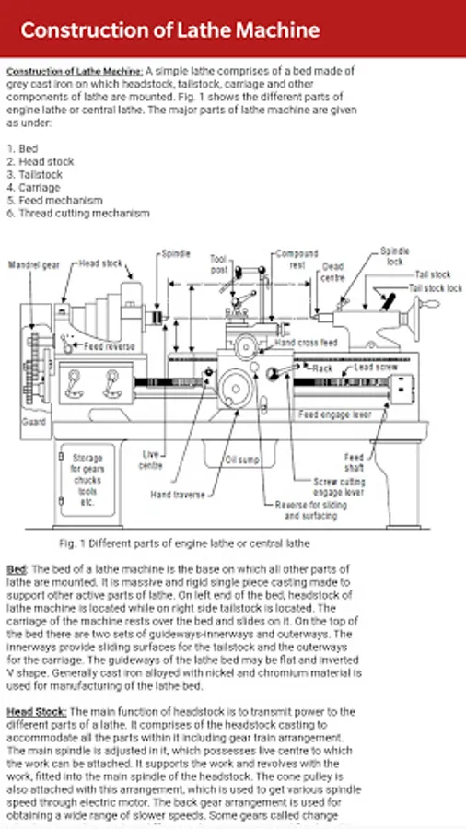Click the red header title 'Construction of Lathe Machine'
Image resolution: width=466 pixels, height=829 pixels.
point(170,30)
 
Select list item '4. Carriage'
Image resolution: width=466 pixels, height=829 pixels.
point(33,188)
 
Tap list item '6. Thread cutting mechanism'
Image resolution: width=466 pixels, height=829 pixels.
point(78,214)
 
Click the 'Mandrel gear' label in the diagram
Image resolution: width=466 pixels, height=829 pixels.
point(34,265)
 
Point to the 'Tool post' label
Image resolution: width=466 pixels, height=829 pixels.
point(219,264)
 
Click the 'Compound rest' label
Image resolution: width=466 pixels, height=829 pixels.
point(297,260)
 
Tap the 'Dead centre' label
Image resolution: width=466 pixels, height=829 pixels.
point(332,273)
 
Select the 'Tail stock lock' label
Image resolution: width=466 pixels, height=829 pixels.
point(436,288)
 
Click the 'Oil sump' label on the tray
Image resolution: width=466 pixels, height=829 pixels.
point(242,460)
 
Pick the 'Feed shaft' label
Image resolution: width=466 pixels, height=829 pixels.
point(354,462)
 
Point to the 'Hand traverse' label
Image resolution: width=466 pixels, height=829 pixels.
point(178,495)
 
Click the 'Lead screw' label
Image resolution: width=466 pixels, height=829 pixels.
point(376,367)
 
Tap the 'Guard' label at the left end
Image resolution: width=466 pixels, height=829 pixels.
point(34,422)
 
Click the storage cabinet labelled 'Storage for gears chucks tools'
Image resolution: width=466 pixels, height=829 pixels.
point(87,480)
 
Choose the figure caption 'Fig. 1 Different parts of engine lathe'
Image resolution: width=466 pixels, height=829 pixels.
point(184,543)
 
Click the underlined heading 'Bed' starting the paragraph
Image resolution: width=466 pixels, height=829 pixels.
point(17,569)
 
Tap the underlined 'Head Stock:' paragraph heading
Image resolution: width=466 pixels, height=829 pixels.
point(37,712)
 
